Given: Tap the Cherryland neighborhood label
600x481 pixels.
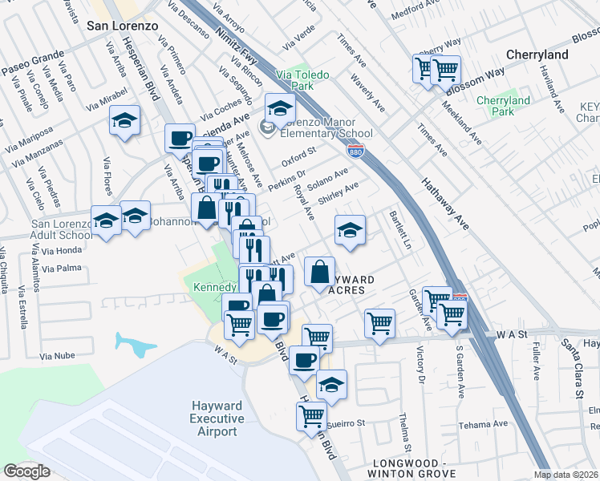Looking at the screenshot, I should pyautogui.click(x=537, y=55).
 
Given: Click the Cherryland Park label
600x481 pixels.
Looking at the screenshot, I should pyautogui.click(x=503, y=106).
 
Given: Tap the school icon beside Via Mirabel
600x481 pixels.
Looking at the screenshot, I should pyautogui.click(x=124, y=122).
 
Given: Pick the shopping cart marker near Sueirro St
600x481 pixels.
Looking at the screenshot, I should pyautogui.click(x=311, y=415).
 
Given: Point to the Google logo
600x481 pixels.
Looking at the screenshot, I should pyautogui.click(x=26, y=471).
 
